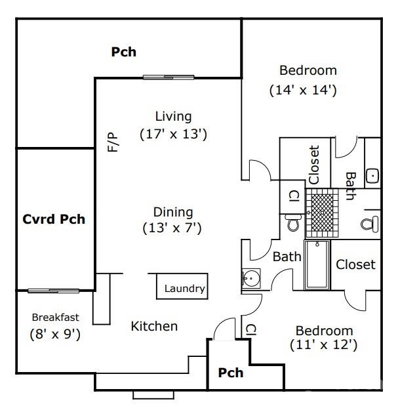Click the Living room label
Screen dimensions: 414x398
pyautogui.click(x=173, y=117)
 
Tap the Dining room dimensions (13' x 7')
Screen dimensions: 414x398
pyautogui.click(x=172, y=228)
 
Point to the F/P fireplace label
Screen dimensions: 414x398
pyautogui.click(x=113, y=142)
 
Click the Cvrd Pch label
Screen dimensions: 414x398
pyautogui.click(x=54, y=219)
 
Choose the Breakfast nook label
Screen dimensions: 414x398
pyautogui.click(x=55, y=318)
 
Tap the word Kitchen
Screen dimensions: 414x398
pyautogui.click(x=154, y=326)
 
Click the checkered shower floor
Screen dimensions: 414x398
pyautogui.click(x=321, y=211)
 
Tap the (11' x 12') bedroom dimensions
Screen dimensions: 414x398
pyautogui.click(x=324, y=344)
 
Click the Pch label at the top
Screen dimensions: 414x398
pyautogui.click(x=123, y=52)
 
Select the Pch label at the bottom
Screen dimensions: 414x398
pyautogui.click(x=231, y=373)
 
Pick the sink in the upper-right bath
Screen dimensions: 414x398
pyautogui.click(x=372, y=176)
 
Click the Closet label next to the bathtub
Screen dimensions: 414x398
pyautogui.click(x=355, y=264)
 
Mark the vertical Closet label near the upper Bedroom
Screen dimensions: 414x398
pyautogui.click(x=313, y=164)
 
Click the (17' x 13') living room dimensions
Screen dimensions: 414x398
pyautogui.click(x=173, y=134)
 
